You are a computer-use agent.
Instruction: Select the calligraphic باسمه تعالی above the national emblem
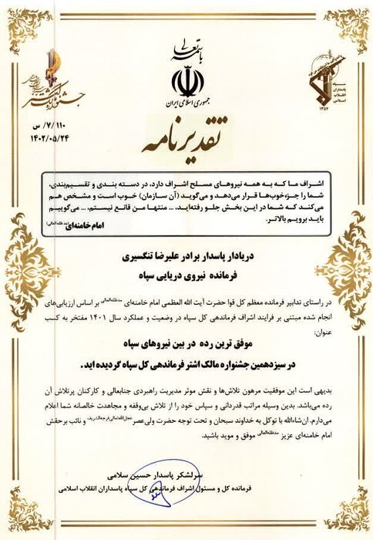(186, 53)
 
